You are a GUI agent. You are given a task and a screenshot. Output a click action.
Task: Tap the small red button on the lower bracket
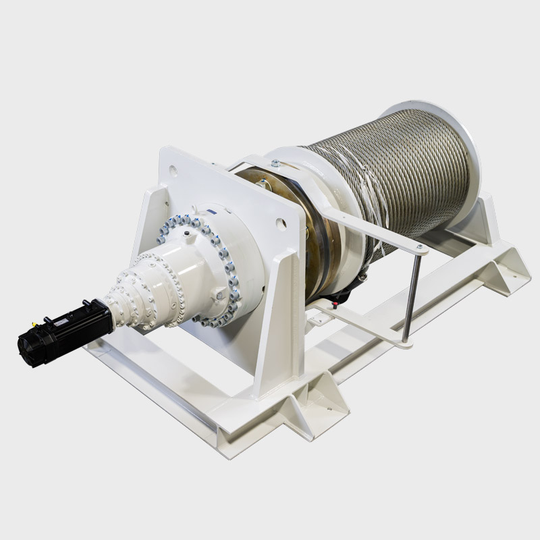(x=335, y=304)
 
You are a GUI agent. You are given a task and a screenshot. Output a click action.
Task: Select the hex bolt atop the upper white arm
(x=275, y=163)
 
